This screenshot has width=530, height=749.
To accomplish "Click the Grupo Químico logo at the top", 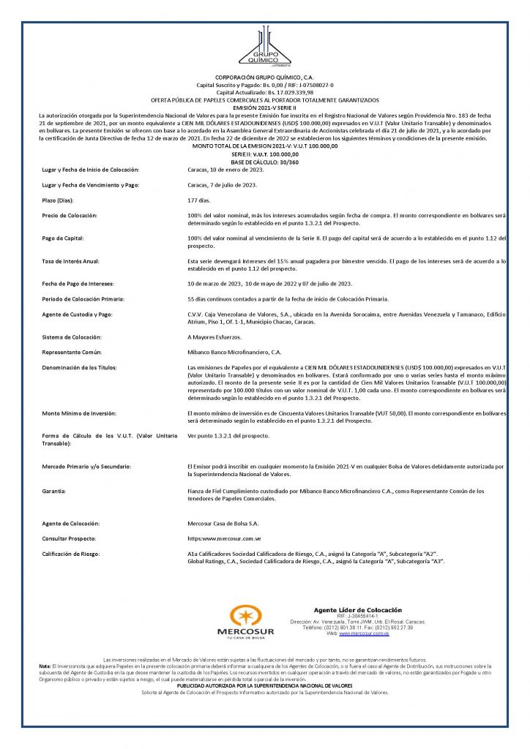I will coord(264,48).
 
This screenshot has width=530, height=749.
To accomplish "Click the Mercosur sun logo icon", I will coord(245,616).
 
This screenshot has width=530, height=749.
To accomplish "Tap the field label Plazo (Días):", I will coord(61,199).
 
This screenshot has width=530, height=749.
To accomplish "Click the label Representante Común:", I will coord(72,352).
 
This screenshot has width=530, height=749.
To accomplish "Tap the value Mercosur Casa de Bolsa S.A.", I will coord(223,524).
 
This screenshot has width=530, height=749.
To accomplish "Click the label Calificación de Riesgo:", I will coord(71,554).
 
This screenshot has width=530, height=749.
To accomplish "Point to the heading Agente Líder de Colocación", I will coord(358,610).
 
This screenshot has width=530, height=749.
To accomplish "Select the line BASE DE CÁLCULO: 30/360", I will coord(264,161).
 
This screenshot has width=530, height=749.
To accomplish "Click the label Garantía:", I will coord(53,491).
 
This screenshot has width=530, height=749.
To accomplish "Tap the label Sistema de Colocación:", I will coord(72,336).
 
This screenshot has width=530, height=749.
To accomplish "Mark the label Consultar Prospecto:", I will coord(70,538).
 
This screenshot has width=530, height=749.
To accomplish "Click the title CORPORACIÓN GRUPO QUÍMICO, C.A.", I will coord(264,77).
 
